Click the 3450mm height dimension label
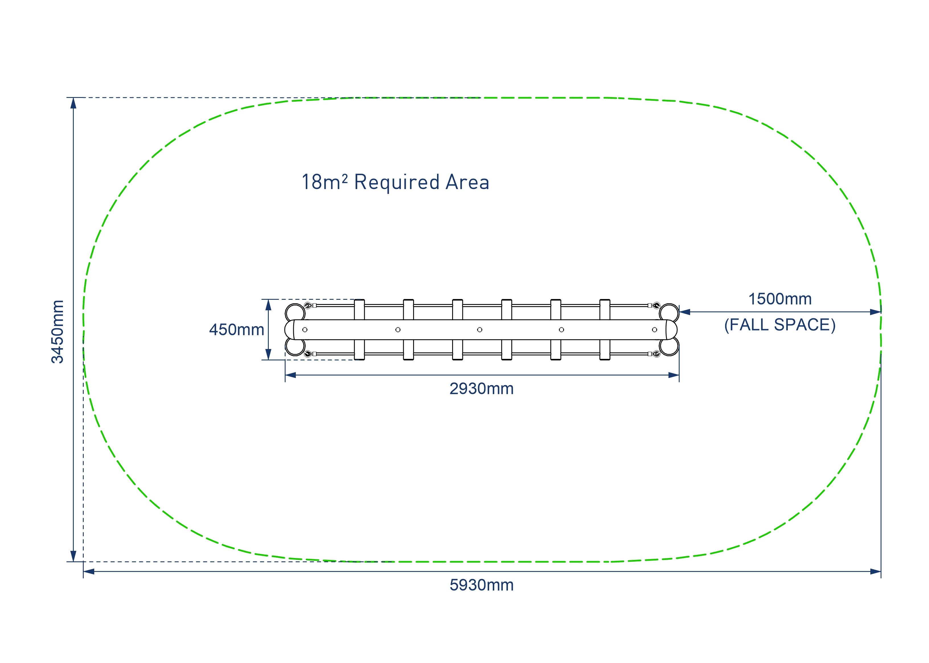(x=58, y=331)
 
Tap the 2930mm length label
(x=481, y=389)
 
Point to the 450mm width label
(x=236, y=329)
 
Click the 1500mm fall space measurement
(x=780, y=299)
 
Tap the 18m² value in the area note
(x=324, y=182)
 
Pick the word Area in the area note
(x=467, y=182)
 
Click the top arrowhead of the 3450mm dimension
(x=73, y=103)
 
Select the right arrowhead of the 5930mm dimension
(x=875, y=572)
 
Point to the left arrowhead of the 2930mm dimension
(x=291, y=375)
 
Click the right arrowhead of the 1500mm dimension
(x=875, y=312)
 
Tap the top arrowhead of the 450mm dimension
(x=268, y=305)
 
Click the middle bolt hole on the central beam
(x=479, y=329)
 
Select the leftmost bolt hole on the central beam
(x=305, y=329)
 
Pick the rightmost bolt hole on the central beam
(x=654, y=329)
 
